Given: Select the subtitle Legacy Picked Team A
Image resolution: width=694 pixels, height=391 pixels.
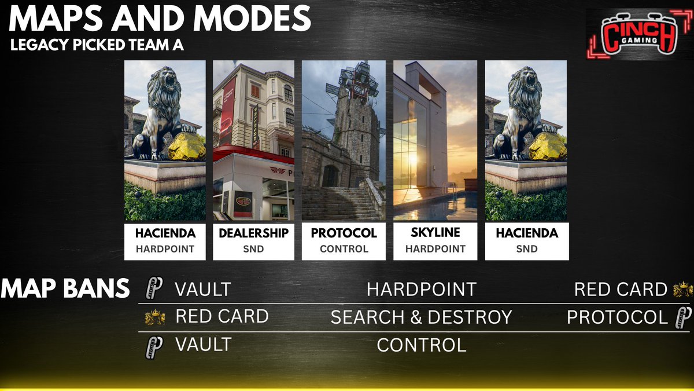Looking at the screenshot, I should pos(97,46).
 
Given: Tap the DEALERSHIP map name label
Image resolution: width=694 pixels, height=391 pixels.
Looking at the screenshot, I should pos(253,233).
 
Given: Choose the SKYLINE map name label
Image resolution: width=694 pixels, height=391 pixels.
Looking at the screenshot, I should pos(435,233).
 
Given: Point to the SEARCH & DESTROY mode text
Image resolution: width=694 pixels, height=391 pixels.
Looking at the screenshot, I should pos(421,317).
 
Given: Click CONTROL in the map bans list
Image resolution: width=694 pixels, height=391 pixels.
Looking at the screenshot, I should pos(421,345).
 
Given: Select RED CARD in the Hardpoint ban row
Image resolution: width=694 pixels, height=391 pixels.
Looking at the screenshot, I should pos(621,289).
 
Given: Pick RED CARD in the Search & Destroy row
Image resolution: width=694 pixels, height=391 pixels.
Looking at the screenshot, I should pos(222,316).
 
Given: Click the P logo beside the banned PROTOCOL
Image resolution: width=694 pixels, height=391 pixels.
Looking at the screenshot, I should pos(683,317).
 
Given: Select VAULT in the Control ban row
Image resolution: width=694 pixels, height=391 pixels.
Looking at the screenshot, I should pos(203,344).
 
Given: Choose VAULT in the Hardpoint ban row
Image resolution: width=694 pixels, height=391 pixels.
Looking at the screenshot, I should pos(203,288).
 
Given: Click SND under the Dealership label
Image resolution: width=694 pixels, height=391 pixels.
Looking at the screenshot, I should pos(253,249).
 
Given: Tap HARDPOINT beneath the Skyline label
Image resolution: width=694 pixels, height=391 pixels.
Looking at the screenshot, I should pos(435,249).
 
